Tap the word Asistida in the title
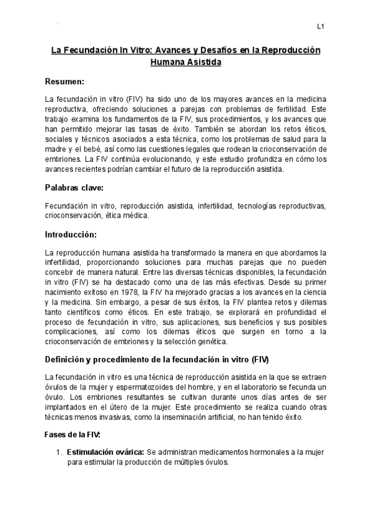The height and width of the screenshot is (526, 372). click(201, 62)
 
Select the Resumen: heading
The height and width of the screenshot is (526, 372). click(64, 81)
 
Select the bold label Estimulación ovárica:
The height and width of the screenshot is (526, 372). click(105, 452)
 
